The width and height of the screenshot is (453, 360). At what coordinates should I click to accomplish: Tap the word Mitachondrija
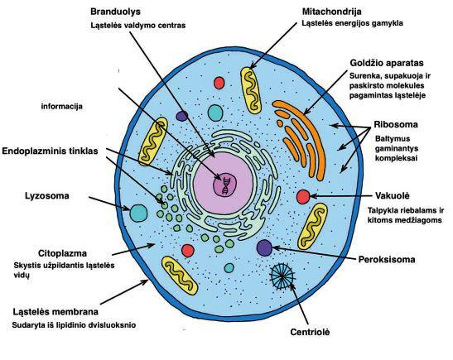point(331,12)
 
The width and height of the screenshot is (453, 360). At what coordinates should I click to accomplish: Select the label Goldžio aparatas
point(387,63)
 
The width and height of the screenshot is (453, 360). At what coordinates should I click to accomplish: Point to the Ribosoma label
point(396,124)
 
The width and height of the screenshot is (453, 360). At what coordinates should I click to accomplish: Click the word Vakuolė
point(393,196)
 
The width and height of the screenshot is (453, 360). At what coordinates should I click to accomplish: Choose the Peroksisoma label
point(387,259)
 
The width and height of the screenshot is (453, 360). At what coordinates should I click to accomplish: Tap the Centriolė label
point(310,332)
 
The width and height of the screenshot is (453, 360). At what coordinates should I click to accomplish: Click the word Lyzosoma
point(47,196)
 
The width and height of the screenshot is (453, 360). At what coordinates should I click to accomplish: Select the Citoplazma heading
point(62,253)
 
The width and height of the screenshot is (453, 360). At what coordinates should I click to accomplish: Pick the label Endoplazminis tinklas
point(50,151)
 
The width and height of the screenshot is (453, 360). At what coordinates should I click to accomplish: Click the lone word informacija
point(62,106)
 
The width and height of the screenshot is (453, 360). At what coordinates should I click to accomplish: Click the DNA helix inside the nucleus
point(226,185)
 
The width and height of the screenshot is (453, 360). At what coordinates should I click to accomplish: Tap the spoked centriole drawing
point(282,276)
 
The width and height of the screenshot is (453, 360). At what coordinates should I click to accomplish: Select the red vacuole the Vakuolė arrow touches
point(303,197)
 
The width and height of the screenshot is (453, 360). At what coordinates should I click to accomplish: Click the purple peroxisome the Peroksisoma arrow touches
point(264,247)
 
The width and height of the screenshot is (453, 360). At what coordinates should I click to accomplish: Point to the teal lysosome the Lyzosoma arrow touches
point(138,213)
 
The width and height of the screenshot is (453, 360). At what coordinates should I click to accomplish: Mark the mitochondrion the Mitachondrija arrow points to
point(251,90)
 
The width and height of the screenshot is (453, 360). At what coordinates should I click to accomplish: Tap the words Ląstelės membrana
point(55,312)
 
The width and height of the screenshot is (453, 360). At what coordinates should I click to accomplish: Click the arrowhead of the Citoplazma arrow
point(152,246)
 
